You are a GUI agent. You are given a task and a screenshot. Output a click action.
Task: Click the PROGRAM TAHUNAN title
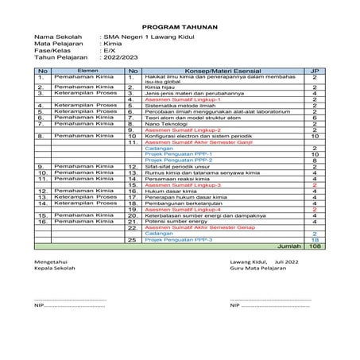point(180,25)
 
